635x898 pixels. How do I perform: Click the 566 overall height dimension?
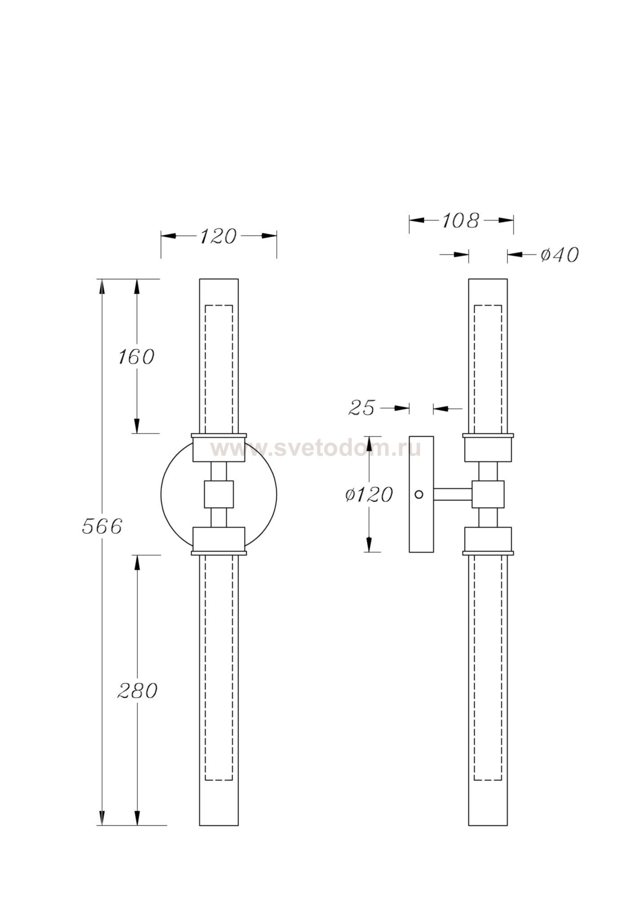coord(102,526)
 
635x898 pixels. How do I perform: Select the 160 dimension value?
coord(136,357)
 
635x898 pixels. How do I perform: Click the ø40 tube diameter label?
coord(560,255)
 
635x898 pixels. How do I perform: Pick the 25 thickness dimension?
coord(361,408)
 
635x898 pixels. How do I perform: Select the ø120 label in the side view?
coord(369,494)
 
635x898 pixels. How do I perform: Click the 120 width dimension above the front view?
coord(218,236)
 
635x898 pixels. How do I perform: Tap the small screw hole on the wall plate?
coord(419,494)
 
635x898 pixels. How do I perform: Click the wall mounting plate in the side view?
coord(421,494)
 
